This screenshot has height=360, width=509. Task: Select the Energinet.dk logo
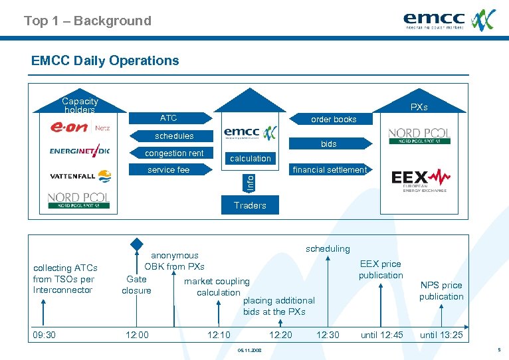[79, 151]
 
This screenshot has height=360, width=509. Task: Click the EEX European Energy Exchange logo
[420, 179]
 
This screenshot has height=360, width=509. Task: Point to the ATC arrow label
[169, 118]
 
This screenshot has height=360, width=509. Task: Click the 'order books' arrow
[334, 120]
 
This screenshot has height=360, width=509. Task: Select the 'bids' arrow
[328, 143]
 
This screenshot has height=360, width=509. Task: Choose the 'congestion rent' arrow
[175, 153]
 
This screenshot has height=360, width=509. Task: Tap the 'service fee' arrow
[169, 170]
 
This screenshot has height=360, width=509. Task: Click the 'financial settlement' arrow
[330, 170]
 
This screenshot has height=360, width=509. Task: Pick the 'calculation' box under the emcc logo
[250, 158]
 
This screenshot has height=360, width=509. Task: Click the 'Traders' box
[250, 205]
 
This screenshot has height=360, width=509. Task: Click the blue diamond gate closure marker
[136, 244]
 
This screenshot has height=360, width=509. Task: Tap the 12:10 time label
[219, 335]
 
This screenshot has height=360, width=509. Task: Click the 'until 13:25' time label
[441, 335]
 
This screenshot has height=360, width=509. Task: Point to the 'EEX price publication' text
[381, 270]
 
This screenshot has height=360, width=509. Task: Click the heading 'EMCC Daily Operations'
[105, 60]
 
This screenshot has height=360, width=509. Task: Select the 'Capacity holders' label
[80, 106]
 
